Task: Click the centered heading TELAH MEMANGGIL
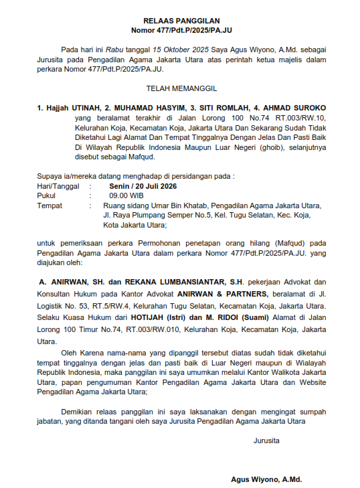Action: pyautogui.click(x=181, y=88)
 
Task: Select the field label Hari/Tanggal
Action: pyautogui.click(x=58, y=187)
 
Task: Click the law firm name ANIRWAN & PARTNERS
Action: pyautogui.click(x=221, y=294)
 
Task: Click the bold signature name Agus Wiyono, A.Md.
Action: pyautogui.click(x=266, y=480)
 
